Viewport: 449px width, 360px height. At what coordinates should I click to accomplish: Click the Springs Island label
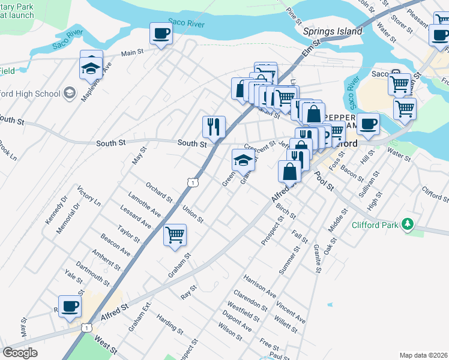(x=333, y=31)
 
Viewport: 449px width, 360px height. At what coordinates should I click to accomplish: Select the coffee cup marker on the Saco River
(x=161, y=34)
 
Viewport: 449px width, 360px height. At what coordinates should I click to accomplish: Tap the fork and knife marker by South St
(x=214, y=127)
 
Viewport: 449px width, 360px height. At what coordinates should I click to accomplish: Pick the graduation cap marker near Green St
(x=243, y=160)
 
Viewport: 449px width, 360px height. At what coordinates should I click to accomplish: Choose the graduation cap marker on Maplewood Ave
(x=91, y=69)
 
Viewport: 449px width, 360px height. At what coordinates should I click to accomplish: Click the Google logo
(x=20, y=352)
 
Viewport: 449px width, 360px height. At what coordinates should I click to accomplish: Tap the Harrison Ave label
(x=259, y=286)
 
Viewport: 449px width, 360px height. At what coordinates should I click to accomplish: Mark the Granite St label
(x=316, y=259)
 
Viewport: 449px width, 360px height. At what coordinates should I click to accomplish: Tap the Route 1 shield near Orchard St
(x=191, y=181)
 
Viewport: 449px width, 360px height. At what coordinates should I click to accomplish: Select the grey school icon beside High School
(x=69, y=93)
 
